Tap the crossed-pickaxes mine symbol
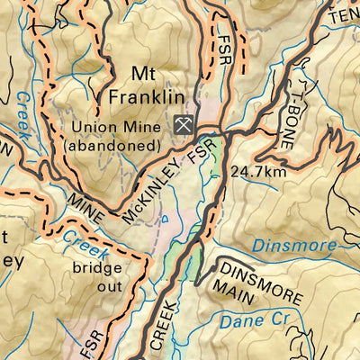point(183,125)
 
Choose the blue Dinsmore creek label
point(294,244)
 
